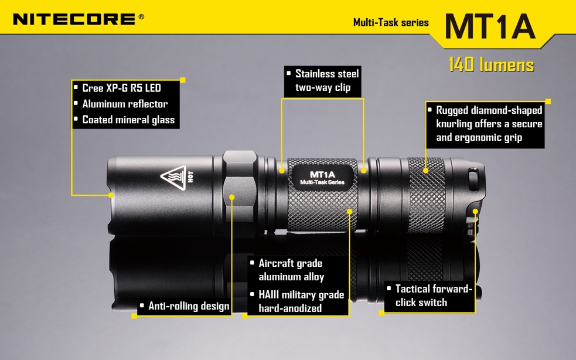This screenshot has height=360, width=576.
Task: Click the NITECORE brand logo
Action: coord(75,19)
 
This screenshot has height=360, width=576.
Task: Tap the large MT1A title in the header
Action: coord(490,26)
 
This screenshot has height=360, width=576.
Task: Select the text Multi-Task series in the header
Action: coord(391,22)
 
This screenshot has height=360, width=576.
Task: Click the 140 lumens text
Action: coord(491,64)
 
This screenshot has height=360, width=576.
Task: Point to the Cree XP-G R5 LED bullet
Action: coord(122,89)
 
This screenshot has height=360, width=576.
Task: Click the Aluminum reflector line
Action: coord(125,104)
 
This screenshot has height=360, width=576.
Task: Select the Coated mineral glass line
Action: coord(128,120)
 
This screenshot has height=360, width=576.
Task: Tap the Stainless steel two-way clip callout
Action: coord(323,81)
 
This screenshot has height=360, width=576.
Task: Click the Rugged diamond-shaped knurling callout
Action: coord(485,124)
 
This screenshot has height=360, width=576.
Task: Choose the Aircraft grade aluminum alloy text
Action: coord(291,270)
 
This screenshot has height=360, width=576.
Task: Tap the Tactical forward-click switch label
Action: coord(430,296)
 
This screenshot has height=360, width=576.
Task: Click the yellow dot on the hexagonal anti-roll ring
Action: coord(232,197)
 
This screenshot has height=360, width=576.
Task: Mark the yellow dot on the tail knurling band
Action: coord(425,171)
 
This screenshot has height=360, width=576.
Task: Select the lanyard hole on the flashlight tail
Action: coord(473,179)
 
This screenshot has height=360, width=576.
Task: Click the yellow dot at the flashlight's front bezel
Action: coord(111,195)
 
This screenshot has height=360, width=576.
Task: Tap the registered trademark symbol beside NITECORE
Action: coord(141,17)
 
